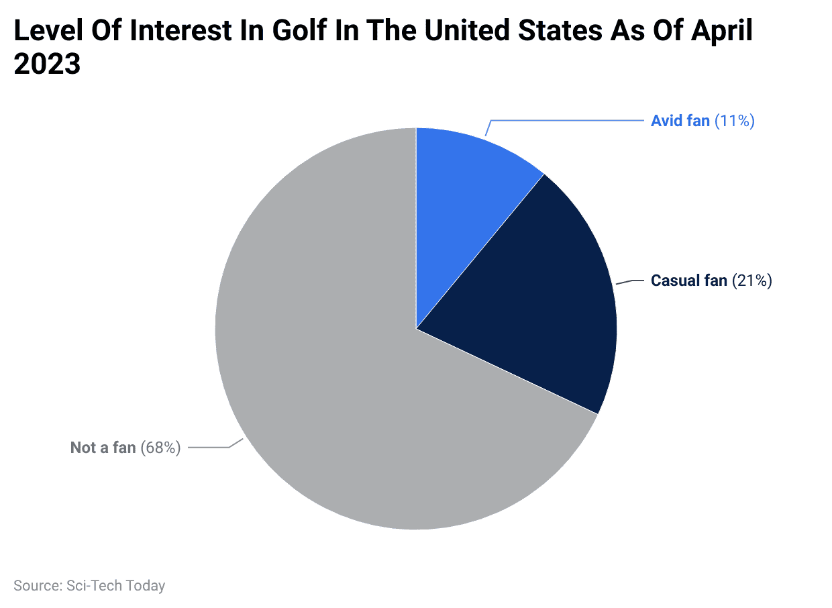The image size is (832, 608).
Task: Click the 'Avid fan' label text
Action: pyautogui.click(x=680, y=121)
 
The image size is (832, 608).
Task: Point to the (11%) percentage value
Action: pyautogui.click(x=735, y=121)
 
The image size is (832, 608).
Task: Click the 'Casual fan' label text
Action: pyautogui.click(x=688, y=281)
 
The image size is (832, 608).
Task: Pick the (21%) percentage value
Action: pyautogui.click(x=752, y=281)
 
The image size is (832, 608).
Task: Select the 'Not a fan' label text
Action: pyautogui.click(x=103, y=448)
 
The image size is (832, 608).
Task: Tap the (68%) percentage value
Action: pyautogui.click(x=160, y=448)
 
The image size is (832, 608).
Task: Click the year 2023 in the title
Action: pyautogui.click(x=47, y=65)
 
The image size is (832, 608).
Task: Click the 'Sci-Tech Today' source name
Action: pyautogui.click(x=115, y=586)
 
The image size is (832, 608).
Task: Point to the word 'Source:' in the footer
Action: pyautogui.click(x=38, y=586)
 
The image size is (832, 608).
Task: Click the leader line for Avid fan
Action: pyautogui.click(x=570, y=121)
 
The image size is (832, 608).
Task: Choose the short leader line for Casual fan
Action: pyautogui.click(x=631, y=282)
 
